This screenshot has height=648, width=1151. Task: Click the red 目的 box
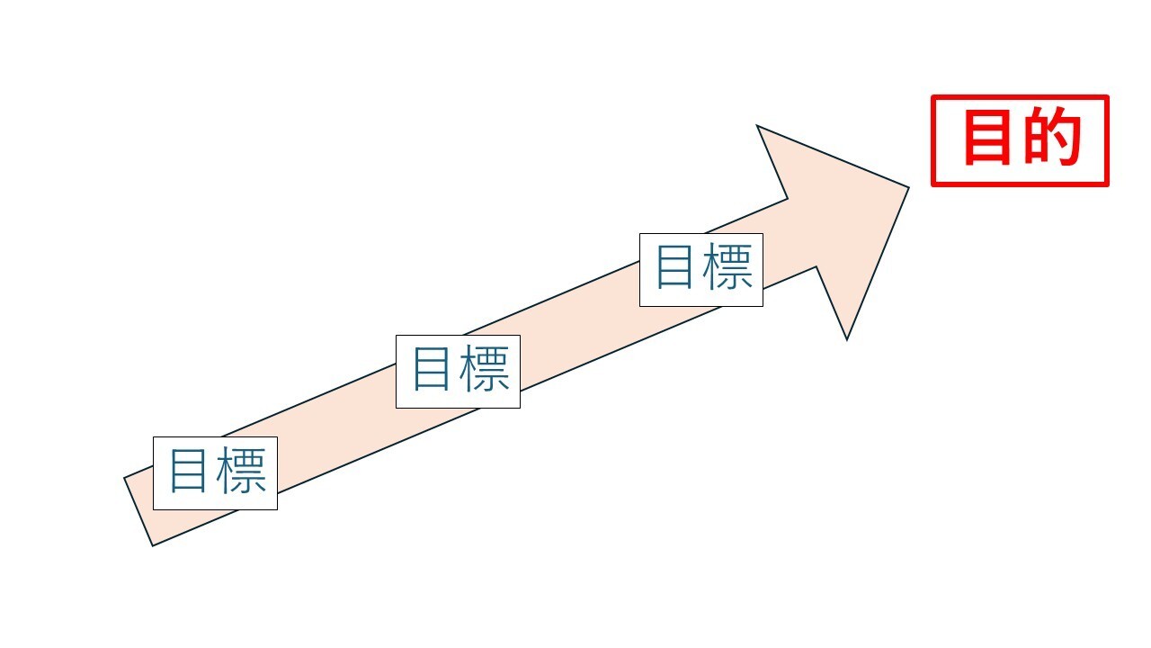pos(1020,140)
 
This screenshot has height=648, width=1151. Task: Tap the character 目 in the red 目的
pos(987,139)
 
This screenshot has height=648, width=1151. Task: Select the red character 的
pos(1051,139)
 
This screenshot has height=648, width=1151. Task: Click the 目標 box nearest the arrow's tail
pos(215,472)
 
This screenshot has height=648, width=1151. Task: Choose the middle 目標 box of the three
pos(458,371)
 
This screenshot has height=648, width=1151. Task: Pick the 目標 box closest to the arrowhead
pos(700,269)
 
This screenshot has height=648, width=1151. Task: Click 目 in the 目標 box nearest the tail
pos(189,472)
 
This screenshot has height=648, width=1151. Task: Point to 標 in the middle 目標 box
pos(486,371)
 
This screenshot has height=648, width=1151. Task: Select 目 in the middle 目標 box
pos(432,371)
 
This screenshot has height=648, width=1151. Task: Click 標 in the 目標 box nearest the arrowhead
pos(728,269)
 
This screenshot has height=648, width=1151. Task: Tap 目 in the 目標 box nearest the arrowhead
pos(674,269)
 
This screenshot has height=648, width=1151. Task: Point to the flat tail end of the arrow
pos(138,511)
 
